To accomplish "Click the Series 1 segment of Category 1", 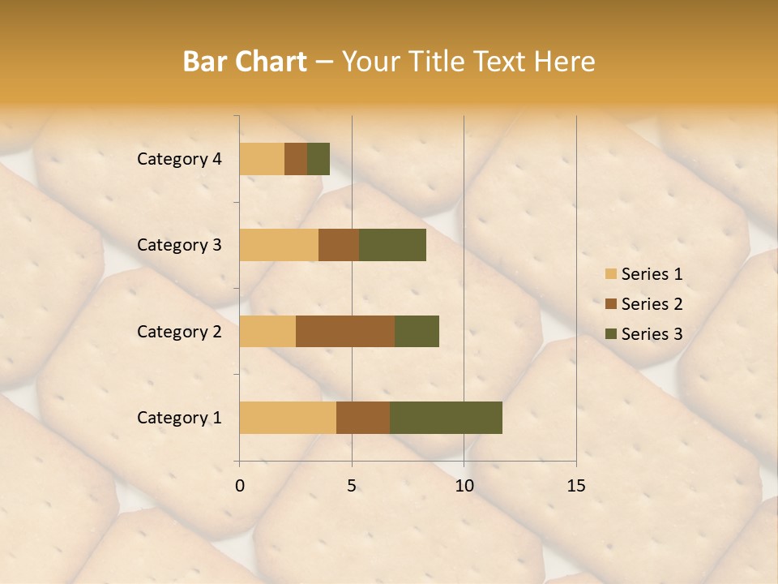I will click(288, 418).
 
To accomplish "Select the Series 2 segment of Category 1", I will click(363, 418).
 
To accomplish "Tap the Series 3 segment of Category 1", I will click(446, 418).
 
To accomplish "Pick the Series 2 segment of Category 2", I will click(345, 331).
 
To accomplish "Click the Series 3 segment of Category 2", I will click(417, 331).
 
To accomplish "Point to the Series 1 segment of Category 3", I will click(279, 245).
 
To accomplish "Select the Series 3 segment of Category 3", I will click(392, 245).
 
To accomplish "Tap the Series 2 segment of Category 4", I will click(296, 159).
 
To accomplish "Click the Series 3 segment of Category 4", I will click(318, 159).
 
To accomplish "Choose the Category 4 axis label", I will click(179, 159).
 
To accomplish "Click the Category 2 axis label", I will click(179, 331).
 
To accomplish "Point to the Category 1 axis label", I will click(179, 418).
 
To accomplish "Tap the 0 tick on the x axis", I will click(240, 486).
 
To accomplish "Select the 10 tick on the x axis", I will click(464, 486).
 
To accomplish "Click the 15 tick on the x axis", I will click(576, 486).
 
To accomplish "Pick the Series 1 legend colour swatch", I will click(610, 274).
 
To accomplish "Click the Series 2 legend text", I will click(652, 304).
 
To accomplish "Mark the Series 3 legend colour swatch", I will click(610, 334).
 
